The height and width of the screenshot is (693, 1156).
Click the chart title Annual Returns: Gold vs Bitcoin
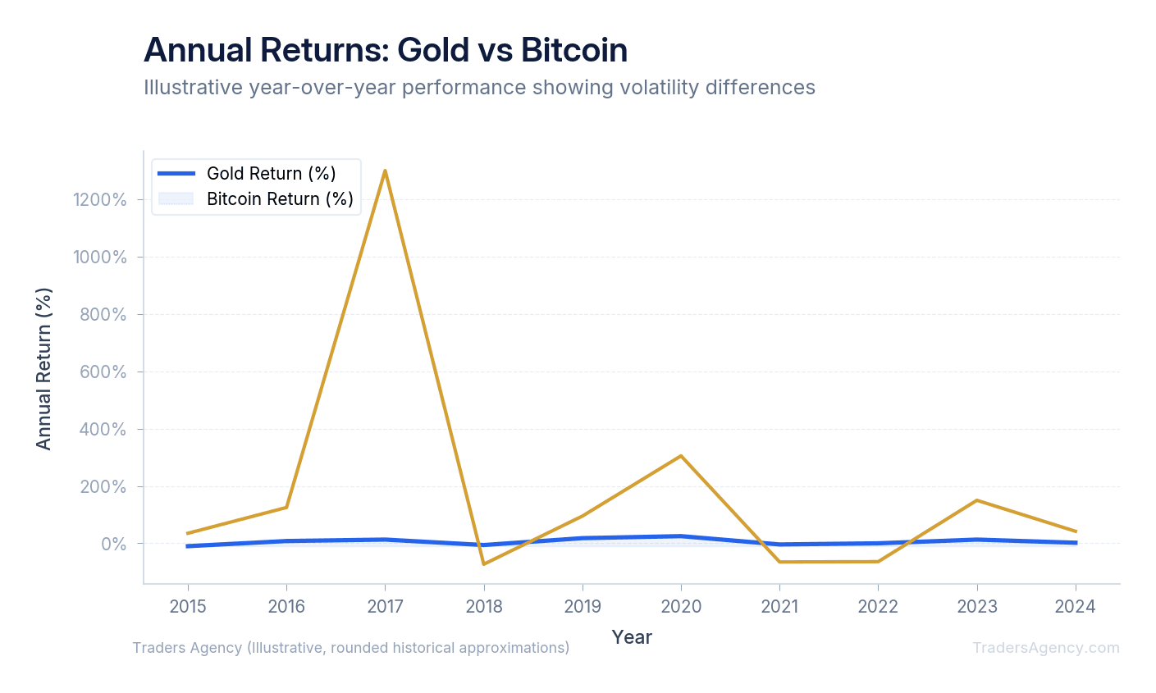385,50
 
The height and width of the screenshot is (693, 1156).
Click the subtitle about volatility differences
479,87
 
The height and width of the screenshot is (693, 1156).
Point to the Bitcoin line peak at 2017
385,171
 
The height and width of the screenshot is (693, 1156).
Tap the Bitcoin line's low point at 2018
484,563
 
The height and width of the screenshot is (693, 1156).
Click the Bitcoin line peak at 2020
681,456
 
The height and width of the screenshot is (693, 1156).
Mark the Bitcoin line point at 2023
976,500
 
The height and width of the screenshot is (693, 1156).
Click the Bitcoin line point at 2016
286,507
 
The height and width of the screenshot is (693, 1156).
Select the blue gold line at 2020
681,536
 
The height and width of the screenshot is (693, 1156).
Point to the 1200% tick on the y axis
99,200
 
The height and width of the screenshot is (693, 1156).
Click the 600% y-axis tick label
103,372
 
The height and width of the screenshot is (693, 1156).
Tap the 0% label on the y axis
114,545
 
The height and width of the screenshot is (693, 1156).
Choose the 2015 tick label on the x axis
188,607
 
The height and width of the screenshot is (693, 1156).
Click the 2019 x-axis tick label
583,607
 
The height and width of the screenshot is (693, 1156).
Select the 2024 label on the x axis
1075,607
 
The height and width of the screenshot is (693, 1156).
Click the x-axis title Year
632,637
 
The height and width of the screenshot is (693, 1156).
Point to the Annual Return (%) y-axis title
43,368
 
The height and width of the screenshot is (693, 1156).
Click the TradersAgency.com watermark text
1045,648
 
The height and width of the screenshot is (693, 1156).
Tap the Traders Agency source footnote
351,648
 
